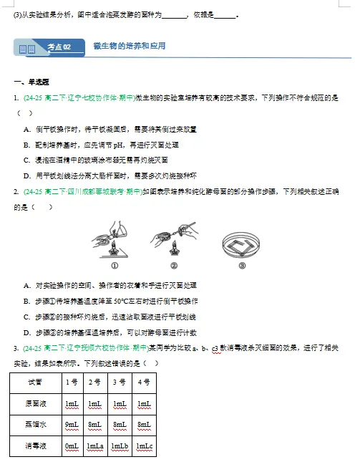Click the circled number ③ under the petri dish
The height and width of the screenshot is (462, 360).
click(242, 266)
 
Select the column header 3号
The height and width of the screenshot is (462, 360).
click(120, 382)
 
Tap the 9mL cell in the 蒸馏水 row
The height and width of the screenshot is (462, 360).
click(72, 424)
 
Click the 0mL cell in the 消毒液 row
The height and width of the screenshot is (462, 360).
click(72, 446)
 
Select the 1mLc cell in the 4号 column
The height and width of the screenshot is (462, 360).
click(145, 446)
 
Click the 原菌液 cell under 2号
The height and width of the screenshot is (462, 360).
click(95, 404)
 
